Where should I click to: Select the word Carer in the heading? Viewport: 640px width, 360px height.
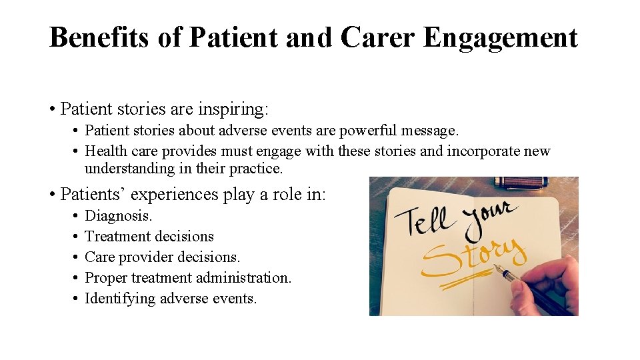(377, 38)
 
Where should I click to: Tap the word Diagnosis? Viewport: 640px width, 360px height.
(119, 216)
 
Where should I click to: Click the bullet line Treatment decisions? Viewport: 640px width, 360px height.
(149, 237)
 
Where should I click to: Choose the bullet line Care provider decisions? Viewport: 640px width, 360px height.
(163, 257)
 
